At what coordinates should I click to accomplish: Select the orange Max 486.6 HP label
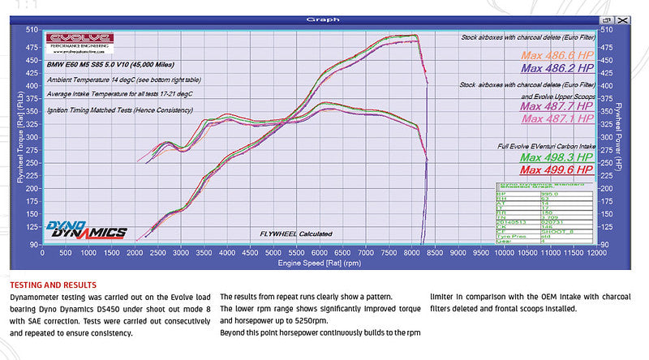tap(557, 55)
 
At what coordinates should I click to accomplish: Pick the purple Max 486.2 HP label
tap(557, 70)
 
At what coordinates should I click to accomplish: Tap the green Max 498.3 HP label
tap(557, 157)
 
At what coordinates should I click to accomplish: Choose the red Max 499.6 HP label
tap(557, 171)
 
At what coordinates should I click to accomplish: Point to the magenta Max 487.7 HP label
tap(557, 106)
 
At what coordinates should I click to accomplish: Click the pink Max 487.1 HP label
tap(557, 119)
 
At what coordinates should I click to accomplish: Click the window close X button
tap(621, 19)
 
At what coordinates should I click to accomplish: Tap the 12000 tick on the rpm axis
tap(595, 254)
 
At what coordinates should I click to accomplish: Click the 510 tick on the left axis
tap(32, 30)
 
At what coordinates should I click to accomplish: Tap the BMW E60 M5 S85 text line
tap(110, 64)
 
